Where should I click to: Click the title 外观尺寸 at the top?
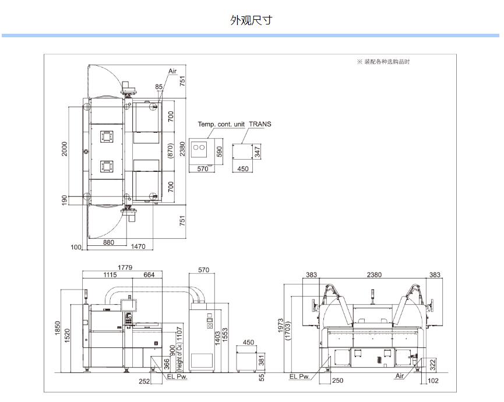[251, 20]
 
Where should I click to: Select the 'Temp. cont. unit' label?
[221, 124]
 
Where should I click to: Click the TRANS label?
[260, 124]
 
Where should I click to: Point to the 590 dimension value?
[220, 151]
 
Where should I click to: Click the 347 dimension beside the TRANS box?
[257, 153]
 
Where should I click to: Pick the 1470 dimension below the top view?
[138, 246]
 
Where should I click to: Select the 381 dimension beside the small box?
[262, 361]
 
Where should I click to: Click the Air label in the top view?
[172, 71]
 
